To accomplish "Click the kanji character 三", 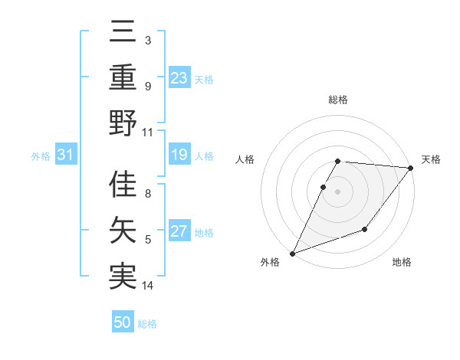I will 123,34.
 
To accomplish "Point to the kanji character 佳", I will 123,184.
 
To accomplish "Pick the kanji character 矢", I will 123,230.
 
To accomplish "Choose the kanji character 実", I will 123,275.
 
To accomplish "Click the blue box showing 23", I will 179,77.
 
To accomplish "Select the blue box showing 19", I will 179,155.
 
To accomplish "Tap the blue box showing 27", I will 179,232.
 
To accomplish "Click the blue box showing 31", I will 65,155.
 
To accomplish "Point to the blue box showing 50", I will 123,322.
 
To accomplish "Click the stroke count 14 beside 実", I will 148,286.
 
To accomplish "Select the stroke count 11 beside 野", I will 148,132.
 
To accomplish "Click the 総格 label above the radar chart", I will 338,100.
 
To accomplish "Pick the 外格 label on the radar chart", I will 270,263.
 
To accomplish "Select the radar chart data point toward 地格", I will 365,229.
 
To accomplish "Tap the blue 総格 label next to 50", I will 147,324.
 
